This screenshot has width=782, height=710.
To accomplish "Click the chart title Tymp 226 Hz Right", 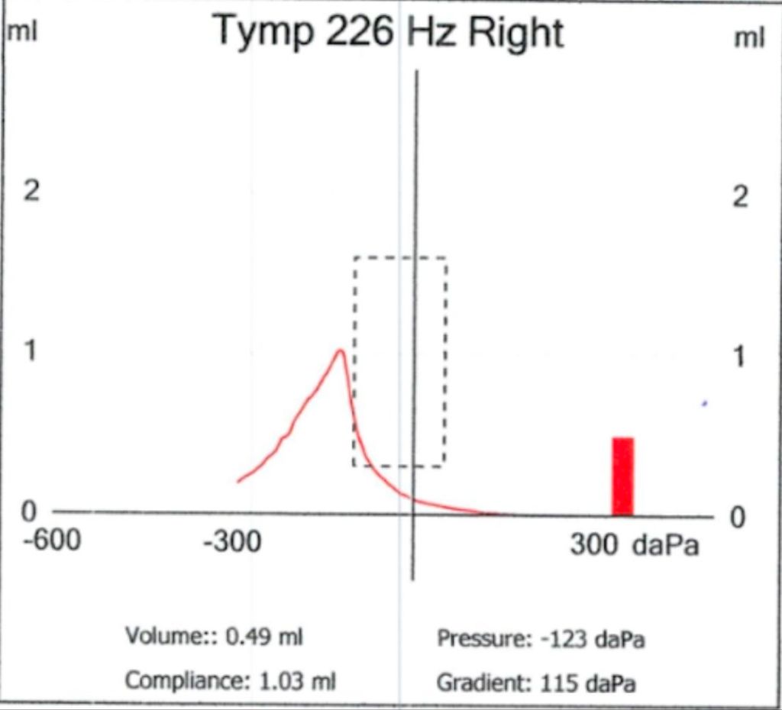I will [x=389, y=34].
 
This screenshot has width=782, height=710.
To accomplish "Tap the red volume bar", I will [x=623, y=476].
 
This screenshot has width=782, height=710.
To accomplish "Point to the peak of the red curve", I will [x=340, y=351].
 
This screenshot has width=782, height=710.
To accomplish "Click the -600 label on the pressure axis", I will [x=52, y=541].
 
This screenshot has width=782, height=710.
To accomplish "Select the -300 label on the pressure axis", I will [x=231, y=543].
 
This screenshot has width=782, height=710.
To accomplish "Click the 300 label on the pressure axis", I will [x=595, y=544].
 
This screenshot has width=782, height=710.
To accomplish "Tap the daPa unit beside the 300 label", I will [x=666, y=545].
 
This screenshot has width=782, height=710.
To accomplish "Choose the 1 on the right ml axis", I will [x=738, y=358].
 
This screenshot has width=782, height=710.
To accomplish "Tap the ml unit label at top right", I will [x=748, y=38].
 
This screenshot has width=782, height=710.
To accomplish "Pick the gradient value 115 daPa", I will [x=587, y=683].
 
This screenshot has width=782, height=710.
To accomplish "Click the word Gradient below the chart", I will [x=483, y=683].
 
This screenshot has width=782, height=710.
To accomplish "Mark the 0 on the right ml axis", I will [x=738, y=518].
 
